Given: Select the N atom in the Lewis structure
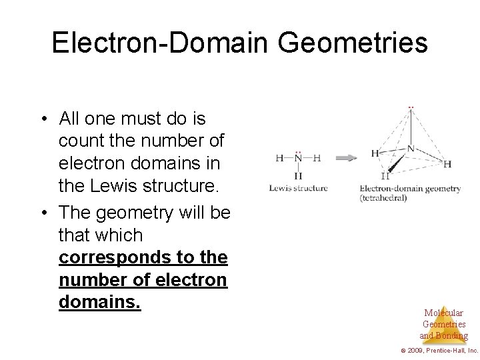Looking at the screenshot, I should pos(298,159).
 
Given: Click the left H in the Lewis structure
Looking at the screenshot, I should pos(279,159).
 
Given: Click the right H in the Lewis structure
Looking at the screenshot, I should pos(317,159).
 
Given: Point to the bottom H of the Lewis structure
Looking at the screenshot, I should pos(298,175).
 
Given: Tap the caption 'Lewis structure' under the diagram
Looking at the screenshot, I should pos(298,189).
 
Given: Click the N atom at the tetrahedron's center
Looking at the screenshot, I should pos(411,148).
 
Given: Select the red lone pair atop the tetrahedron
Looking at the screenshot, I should pos(411,107).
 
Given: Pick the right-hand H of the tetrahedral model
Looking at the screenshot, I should pos(447,164).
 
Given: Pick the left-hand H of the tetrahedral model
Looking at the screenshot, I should pos(375,153).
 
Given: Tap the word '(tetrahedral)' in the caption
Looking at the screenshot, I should pos(383,198).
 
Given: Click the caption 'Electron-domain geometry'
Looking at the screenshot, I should pos(409,189).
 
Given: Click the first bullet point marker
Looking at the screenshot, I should pos(43,120).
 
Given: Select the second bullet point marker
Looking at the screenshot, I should pos(43,214).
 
